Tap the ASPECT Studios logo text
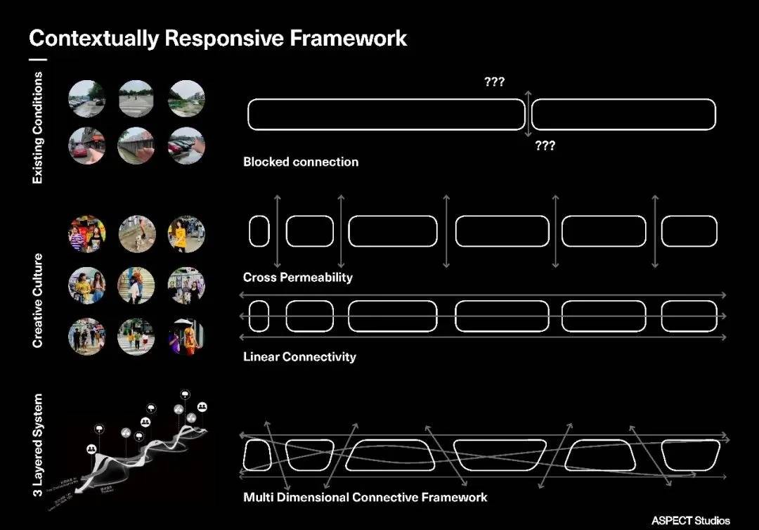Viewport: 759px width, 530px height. click(691, 521)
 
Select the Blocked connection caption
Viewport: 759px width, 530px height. click(301, 162)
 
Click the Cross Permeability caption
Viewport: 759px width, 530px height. click(298, 277)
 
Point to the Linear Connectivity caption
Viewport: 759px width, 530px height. click(299, 356)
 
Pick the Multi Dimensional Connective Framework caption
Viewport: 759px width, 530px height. click(365, 497)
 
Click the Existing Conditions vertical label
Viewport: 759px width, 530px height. click(38, 128)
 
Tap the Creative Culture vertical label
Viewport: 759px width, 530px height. click(38, 300)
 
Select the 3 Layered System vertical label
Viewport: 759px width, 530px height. click(38, 445)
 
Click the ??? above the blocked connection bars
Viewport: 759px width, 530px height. click(494, 82)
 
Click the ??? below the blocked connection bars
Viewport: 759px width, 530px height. click(545, 146)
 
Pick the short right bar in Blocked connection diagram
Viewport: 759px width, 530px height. click(623, 115)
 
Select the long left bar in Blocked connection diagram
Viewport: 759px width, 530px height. click(387, 115)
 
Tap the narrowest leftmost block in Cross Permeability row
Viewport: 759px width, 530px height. click(259, 231)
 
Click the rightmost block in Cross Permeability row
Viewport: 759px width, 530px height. click(689, 231)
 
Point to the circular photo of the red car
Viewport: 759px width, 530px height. click(87, 146)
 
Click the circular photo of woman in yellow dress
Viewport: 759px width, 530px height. click(186, 234)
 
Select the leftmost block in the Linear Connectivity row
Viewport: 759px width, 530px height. click(259, 316)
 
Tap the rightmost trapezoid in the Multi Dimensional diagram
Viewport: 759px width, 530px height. click(691, 455)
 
